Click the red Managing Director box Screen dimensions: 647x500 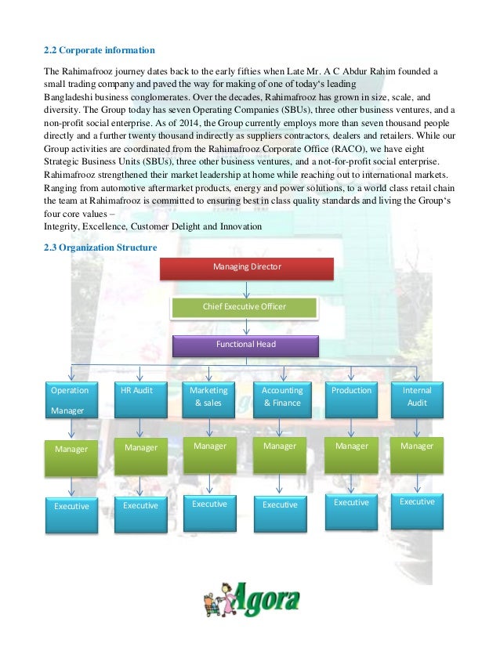(x=247, y=268)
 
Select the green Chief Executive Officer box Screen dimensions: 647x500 (x=245, y=307)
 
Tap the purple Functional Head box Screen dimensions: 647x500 (x=245, y=345)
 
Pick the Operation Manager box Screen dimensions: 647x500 (x=71, y=399)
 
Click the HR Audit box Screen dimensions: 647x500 (x=140, y=399)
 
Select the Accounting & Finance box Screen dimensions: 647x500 (x=282, y=399)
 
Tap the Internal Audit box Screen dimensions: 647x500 (x=416, y=399)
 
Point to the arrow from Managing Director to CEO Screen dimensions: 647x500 (x=246, y=289)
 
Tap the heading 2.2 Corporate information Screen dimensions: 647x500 (x=99, y=50)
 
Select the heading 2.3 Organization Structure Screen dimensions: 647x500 (x=100, y=248)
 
